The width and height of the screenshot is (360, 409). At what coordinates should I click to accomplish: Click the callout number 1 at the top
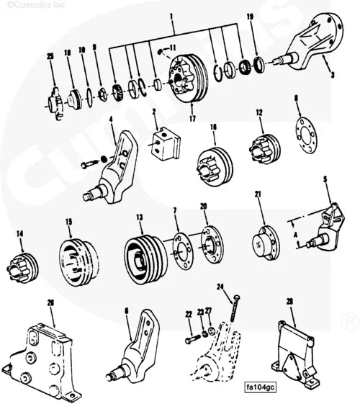pyautogui.click(x=172, y=15)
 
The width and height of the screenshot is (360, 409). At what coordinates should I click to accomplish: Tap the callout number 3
pyautogui.click(x=332, y=73)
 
